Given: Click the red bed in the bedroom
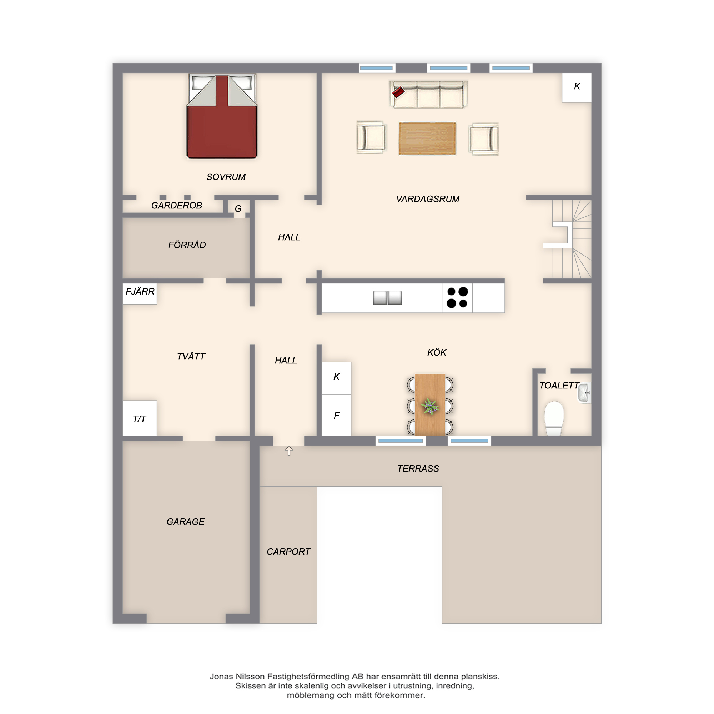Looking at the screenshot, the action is [222, 116].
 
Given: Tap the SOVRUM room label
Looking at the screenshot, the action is [226, 177].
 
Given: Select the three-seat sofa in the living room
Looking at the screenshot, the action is [428, 95].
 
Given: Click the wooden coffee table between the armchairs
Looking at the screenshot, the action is [427, 139].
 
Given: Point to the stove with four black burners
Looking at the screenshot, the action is [457, 298].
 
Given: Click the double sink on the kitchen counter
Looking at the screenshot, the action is [387, 297].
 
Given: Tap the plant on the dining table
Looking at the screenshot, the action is [430, 407].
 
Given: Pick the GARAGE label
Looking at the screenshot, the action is [186, 522].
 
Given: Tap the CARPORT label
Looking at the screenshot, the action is [288, 552].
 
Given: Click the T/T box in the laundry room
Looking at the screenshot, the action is [140, 418].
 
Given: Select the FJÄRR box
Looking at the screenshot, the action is [140, 294].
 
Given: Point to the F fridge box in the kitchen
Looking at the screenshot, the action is [336, 416].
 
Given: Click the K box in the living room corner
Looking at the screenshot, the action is [577, 87].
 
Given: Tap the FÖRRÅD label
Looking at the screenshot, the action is [187, 245].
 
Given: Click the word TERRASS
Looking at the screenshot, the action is [418, 469].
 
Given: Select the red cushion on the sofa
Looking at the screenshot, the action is [398, 92].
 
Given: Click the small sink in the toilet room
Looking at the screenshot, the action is [584, 393].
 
